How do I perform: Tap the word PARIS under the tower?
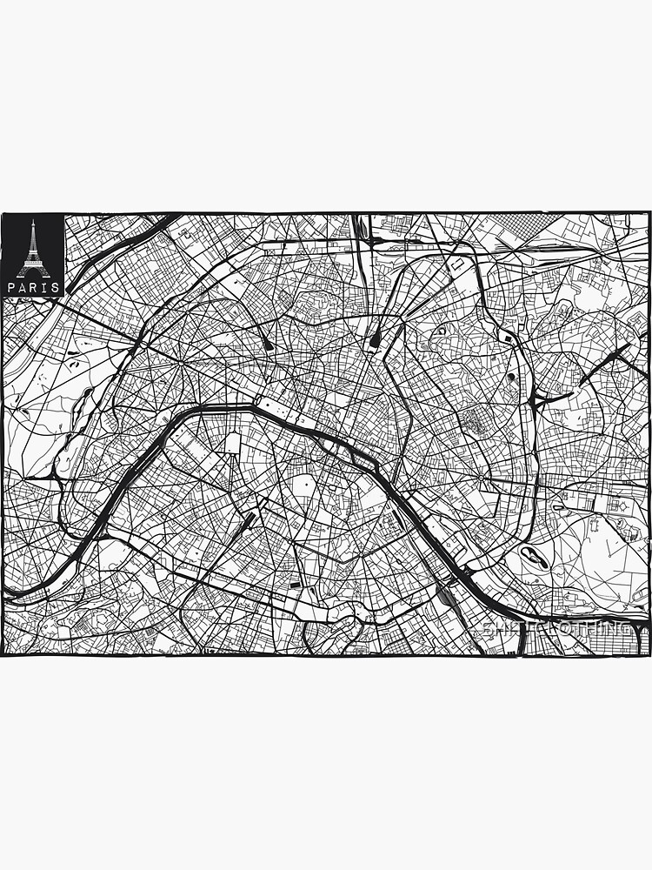point(33,287)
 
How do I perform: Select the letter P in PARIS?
point(11,287)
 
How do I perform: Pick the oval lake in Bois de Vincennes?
point(532,558)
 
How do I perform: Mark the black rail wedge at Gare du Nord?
point(375,340)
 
